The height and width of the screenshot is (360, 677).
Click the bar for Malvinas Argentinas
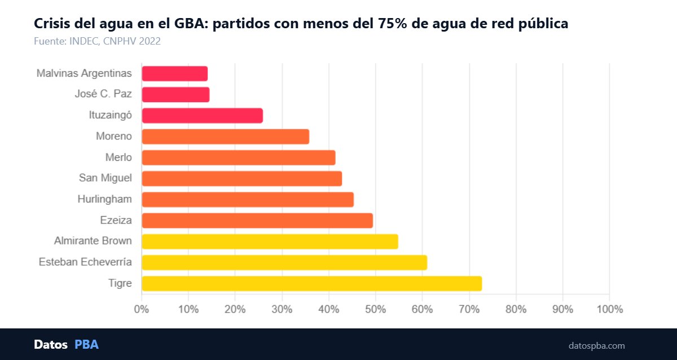(174, 73)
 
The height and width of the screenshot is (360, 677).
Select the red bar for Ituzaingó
(202, 116)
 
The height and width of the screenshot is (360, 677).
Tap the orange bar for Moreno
(225, 137)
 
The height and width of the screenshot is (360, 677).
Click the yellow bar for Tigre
(311, 283)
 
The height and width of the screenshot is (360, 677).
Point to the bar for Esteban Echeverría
(284, 262)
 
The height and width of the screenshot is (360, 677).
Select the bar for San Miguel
(241, 178)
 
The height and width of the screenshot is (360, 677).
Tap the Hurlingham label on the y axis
(104, 199)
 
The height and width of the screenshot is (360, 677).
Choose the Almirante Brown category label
(93, 241)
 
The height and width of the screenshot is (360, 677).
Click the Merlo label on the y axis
(118, 157)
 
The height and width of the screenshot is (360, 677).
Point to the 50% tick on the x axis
(375, 309)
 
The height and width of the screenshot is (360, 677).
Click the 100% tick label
(609, 309)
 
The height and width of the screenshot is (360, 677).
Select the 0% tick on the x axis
(141, 309)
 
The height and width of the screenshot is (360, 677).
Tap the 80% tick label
(516, 309)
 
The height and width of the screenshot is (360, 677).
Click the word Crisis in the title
(52, 24)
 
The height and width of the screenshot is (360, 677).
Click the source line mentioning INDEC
(98, 41)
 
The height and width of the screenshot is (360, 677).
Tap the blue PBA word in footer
(86, 344)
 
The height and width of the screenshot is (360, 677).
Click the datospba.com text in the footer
(596, 345)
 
